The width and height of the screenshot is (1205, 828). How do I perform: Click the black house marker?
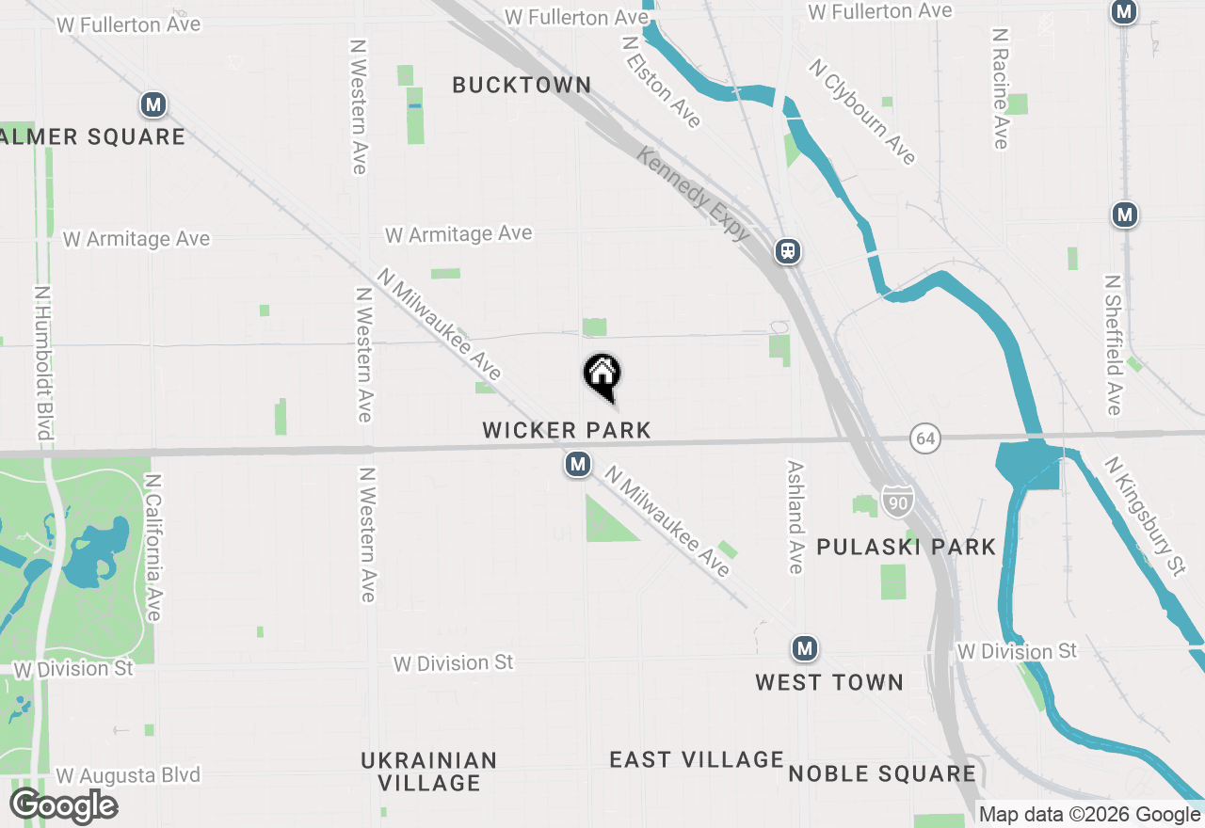point(602,375)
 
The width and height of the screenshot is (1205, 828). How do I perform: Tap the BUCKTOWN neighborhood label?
point(522,86)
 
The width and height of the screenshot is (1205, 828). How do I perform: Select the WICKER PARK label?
point(567,431)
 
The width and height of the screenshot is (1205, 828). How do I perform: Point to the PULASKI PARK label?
point(906,548)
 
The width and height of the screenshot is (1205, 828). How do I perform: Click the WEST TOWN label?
point(828,683)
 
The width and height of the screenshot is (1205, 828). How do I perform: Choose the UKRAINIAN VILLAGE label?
point(428,772)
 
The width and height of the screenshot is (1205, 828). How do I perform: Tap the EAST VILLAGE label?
point(696,760)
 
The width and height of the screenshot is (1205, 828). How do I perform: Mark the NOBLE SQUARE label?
point(881,774)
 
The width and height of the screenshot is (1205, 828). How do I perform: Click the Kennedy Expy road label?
point(693,194)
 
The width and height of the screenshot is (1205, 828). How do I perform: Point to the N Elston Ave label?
point(662,81)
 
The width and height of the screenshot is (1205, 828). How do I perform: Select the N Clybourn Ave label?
point(862,111)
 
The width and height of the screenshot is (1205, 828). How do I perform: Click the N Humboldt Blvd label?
point(41,363)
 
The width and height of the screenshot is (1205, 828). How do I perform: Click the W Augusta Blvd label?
point(128,776)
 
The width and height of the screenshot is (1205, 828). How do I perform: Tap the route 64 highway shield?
point(925,438)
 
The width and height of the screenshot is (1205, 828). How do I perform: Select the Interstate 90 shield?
point(898,502)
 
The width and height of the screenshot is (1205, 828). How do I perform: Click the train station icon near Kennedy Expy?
point(787,251)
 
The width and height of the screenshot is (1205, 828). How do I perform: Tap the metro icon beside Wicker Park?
point(577,464)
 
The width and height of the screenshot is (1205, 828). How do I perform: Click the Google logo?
point(63,806)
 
